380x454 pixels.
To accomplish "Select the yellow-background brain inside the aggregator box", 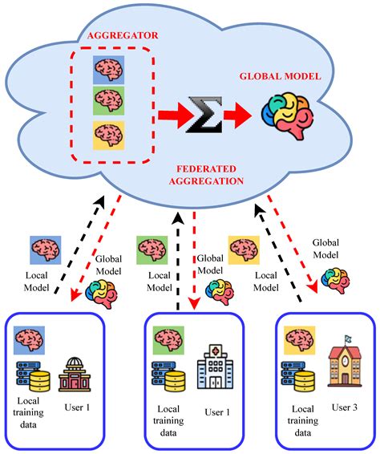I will pyautogui.click(x=107, y=136).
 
